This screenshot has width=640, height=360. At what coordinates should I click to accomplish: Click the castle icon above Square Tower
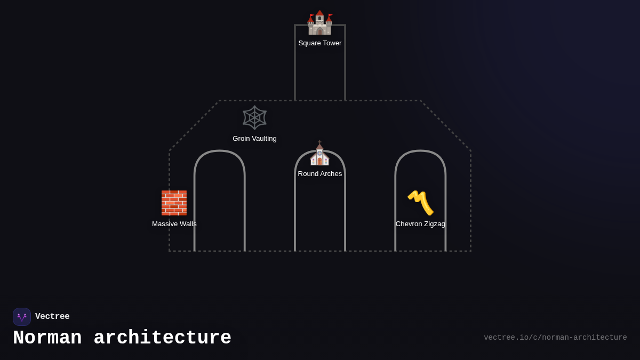[319, 23]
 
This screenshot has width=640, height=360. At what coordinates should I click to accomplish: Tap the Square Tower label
[320, 43]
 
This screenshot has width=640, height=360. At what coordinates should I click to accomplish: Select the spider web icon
[254, 117]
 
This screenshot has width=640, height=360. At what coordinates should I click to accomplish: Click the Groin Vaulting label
[254, 139]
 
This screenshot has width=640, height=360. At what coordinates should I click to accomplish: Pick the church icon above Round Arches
[319, 154]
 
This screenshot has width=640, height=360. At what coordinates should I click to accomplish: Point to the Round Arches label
[320, 174]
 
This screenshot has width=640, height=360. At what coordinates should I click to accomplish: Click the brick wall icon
[174, 203]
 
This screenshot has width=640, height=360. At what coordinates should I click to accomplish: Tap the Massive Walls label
[174, 224]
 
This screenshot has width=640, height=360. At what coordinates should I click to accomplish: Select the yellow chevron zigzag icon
[420, 203]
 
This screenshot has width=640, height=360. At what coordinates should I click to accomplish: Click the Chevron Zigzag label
[420, 224]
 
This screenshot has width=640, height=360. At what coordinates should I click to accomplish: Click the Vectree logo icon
[22, 317]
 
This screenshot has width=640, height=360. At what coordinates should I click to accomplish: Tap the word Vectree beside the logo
[52, 317]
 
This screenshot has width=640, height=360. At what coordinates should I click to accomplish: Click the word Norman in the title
[47, 338]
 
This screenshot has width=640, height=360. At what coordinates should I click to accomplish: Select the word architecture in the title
[163, 338]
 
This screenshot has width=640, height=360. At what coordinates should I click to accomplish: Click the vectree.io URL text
[555, 338]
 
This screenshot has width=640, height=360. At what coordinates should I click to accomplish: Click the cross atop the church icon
[319, 142]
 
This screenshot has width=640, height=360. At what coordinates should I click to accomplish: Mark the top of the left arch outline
[220, 151]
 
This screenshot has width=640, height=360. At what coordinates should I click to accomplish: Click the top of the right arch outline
[420, 151]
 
